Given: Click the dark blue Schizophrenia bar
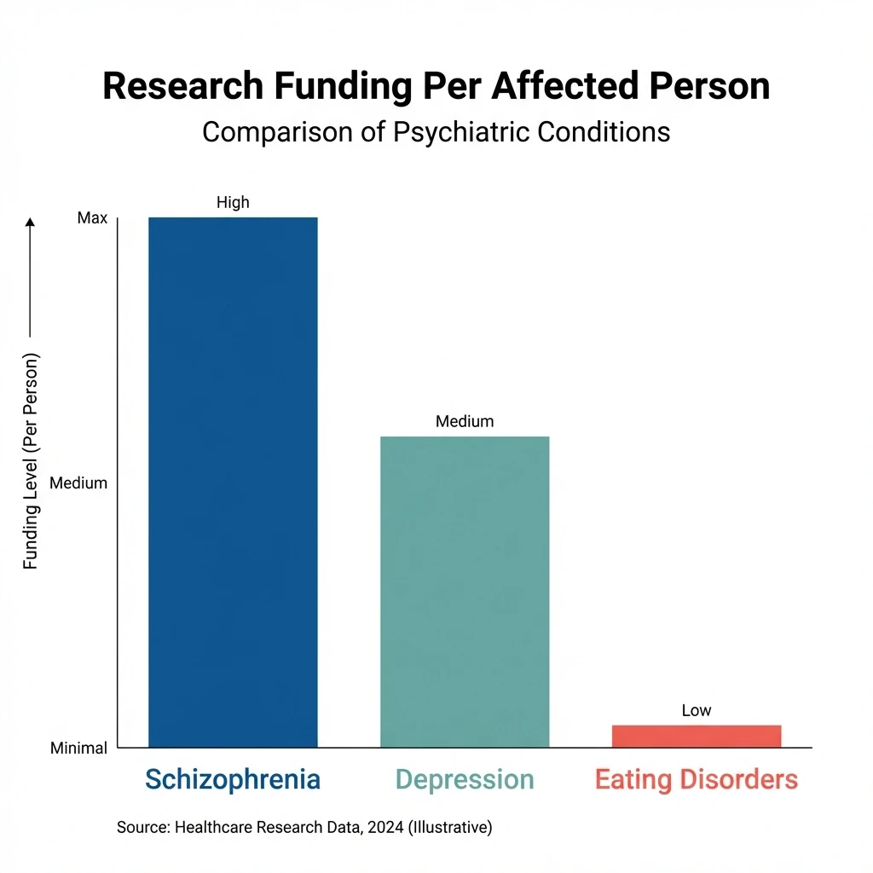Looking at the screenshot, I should tap(233, 482).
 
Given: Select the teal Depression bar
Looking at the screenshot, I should tap(465, 592).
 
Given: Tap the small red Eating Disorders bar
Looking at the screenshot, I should tap(696, 736).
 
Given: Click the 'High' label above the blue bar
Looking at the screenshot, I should tap(233, 202).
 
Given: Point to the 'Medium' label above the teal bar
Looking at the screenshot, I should tap(465, 421).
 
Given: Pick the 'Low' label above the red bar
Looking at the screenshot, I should tap(696, 710).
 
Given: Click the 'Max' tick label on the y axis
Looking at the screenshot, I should tap(92, 218).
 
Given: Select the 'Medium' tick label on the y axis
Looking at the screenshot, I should tap(78, 483).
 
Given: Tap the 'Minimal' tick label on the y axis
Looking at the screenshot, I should tap(78, 749).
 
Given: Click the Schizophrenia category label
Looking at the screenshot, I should tap(233, 779).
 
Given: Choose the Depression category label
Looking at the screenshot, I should tap(465, 779).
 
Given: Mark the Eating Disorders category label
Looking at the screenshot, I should tap(696, 779).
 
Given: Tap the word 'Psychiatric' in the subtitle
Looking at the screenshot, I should tap(444, 132).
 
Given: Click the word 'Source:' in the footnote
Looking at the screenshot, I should tap(142, 826).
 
